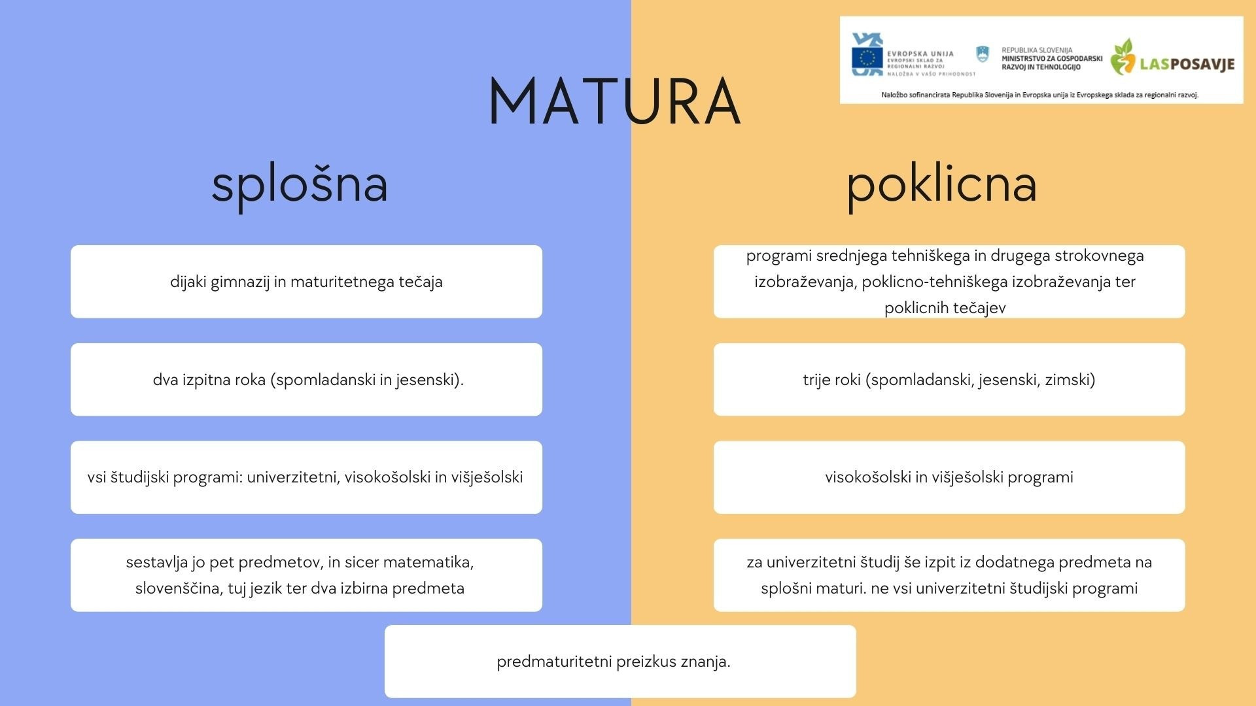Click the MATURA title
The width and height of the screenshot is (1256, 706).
click(614, 102)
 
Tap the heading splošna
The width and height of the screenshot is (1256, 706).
click(300, 185)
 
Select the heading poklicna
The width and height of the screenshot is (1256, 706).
click(941, 185)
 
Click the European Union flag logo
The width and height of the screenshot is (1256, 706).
click(867, 58)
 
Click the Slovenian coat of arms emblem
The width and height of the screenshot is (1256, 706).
click(982, 54)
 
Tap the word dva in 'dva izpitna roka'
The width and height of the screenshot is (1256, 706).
click(166, 380)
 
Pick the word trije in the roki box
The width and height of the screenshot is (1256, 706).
click(818, 380)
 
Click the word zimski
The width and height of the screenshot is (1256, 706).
click(1070, 380)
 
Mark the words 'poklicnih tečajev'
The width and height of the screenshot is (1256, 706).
click(945, 308)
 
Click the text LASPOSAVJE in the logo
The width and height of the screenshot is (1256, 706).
click(1187, 63)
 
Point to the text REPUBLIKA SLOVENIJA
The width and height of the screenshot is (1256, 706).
click(1037, 50)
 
